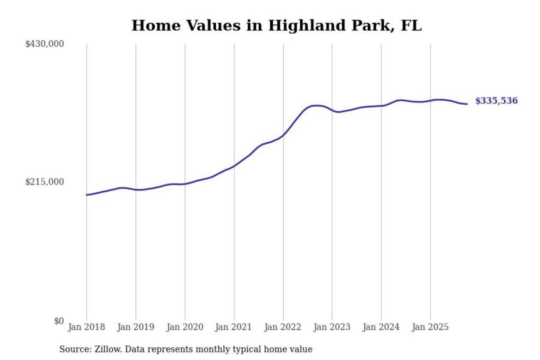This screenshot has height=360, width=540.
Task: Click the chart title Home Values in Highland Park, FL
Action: (276, 25)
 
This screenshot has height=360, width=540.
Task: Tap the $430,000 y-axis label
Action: (45, 44)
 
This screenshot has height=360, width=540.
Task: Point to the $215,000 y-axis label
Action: (45, 182)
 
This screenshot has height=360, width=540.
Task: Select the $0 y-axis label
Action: (59, 321)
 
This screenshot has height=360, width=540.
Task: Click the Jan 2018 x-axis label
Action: (87, 327)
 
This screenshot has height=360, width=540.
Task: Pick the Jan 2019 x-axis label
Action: (136, 327)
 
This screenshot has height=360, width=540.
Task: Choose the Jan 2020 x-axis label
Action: (185, 327)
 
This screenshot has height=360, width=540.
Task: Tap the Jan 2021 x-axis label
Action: (234, 327)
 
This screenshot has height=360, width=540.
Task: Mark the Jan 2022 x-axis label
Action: (283, 327)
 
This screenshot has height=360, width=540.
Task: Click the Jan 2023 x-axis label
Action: (332, 327)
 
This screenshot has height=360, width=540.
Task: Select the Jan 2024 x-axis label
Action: (381, 327)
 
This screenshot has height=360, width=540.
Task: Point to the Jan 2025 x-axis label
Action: (430, 327)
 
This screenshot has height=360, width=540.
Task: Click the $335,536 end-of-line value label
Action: (496, 101)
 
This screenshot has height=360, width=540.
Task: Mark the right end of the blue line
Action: (467, 104)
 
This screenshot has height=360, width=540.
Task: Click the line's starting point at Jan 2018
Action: (87, 195)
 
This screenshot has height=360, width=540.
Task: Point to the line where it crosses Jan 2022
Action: (283, 135)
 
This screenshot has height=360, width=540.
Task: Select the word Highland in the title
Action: (306, 25)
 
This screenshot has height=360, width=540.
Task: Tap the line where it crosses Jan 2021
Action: (234, 166)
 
